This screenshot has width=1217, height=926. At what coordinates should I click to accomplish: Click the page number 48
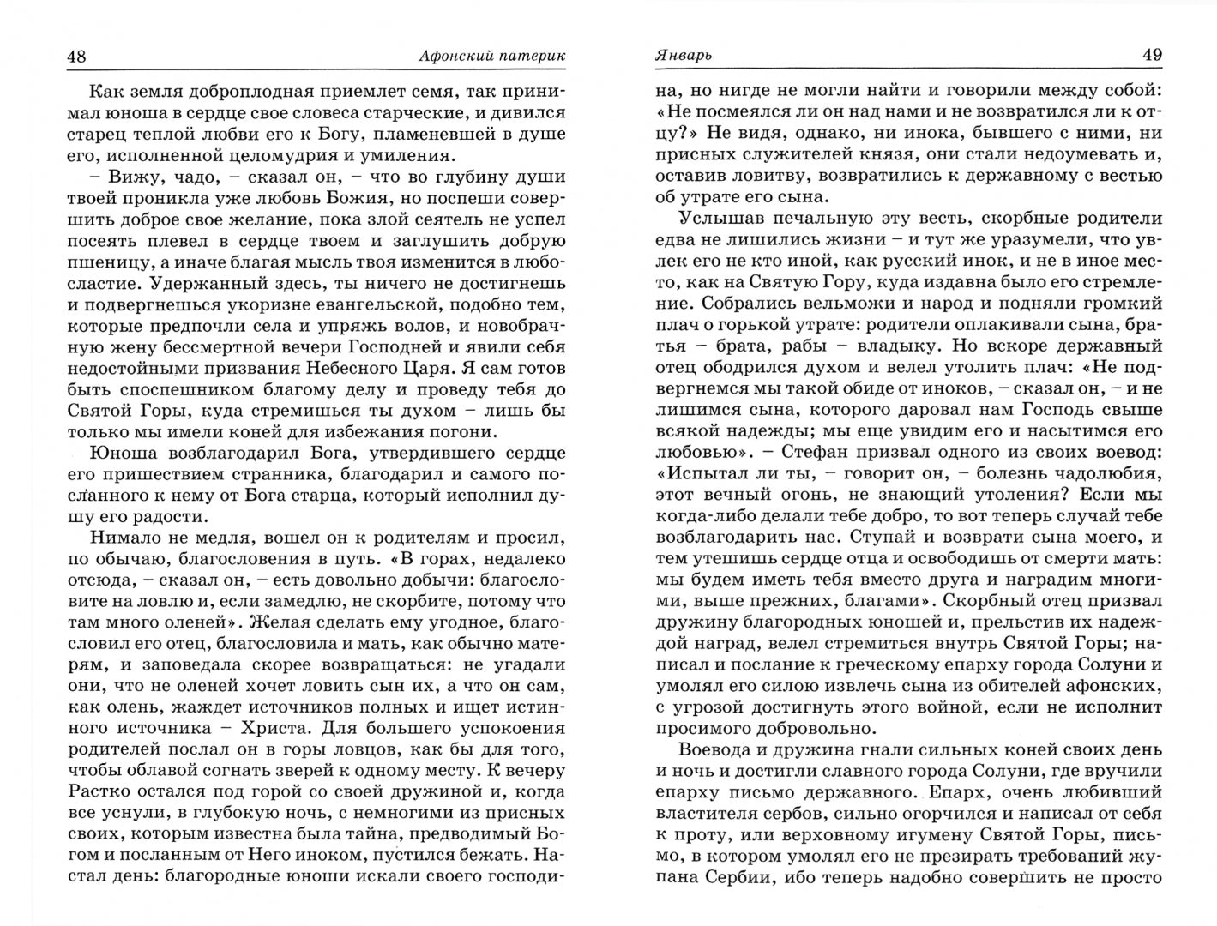[75, 56]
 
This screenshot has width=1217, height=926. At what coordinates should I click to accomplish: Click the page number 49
[1151, 55]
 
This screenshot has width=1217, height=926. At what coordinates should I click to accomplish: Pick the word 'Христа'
[261, 727]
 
